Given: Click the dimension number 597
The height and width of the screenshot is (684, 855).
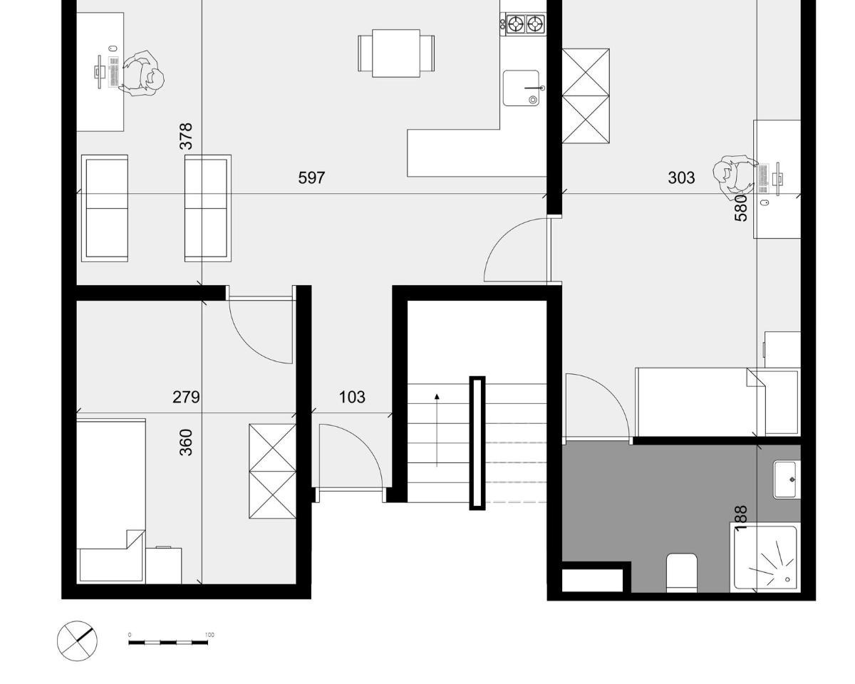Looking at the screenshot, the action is click(311, 177).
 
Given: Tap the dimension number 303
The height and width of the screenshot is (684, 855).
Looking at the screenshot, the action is click(681, 177).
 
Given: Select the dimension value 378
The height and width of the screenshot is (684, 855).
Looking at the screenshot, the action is click(186, 136).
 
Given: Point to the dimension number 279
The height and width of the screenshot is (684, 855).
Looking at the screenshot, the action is click(186, 397).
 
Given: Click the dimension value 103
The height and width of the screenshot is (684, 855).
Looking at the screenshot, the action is click(352, 397).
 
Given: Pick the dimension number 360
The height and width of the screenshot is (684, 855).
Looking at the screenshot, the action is click(186, 442).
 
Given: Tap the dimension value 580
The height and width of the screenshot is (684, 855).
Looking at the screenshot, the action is click(741, 208).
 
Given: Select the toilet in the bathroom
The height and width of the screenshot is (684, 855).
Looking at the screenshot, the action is click(681, 573).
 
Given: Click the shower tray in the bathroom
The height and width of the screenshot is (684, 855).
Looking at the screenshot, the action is click(765, 557).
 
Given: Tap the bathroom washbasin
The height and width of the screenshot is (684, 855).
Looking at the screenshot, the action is click(786, 480).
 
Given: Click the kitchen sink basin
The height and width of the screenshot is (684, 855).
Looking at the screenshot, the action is click(521, 88).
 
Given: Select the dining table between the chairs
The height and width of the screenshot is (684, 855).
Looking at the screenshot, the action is click(395, 53).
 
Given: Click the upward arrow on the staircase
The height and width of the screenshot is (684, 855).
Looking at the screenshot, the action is click(437, 430).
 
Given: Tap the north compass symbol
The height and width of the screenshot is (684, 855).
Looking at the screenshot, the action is click(77, 641).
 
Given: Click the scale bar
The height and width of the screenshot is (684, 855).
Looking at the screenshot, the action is click(168, 643).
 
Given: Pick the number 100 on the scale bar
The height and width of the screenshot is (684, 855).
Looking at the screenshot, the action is click(209, 635).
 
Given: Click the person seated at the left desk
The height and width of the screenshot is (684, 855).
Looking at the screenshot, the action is click(141, 73).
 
